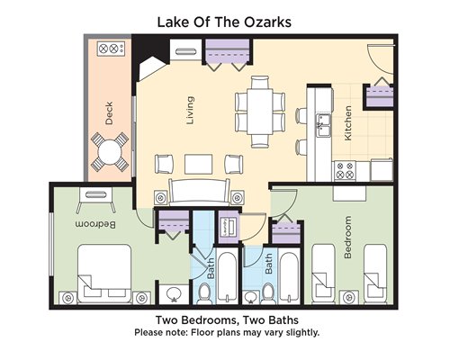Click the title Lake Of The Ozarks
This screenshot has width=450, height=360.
224,22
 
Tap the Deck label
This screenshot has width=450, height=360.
109,113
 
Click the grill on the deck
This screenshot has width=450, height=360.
111,49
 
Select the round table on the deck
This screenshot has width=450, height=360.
110,152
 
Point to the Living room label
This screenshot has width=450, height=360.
190,111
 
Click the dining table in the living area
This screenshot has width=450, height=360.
260,112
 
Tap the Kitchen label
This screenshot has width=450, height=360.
347,123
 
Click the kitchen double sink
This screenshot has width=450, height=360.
323,125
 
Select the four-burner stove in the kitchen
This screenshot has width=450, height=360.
345,171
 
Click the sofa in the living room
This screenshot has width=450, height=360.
199,193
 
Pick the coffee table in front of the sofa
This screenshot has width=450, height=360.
199,164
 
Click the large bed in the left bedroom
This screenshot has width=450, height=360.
104,274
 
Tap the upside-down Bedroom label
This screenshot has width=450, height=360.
95,224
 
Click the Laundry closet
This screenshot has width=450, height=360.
229,227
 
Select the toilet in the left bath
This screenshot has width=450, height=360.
205,293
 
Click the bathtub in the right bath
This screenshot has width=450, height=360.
289,277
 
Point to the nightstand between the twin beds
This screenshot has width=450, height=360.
349,297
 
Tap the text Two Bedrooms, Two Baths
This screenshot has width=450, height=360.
227,320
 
